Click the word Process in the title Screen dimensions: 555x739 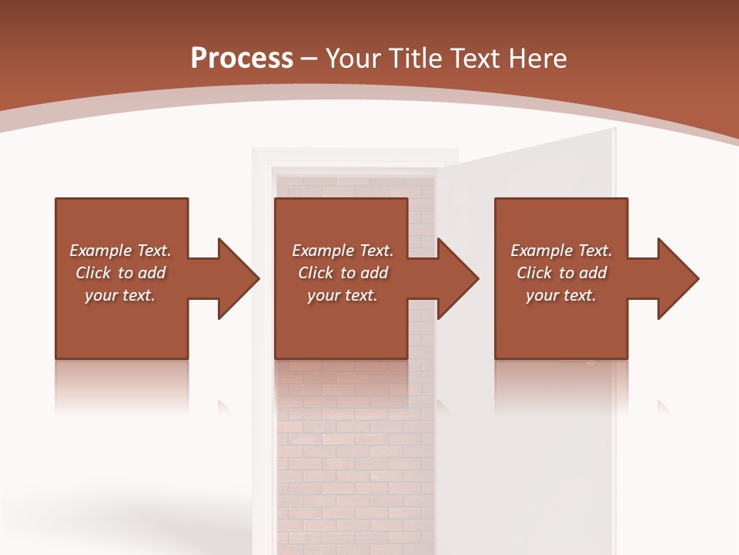[242, 59]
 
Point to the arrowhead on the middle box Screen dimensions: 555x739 [456, 278]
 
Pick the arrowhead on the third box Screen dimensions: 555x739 [677, 278]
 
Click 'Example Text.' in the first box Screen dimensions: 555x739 [120, 251]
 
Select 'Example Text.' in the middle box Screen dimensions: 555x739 [343, 251]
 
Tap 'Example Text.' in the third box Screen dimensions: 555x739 [561, 251]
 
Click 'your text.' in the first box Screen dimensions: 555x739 [120, 295]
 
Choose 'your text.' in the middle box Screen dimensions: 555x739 [343, 295]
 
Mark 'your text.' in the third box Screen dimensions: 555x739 [561, 295]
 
